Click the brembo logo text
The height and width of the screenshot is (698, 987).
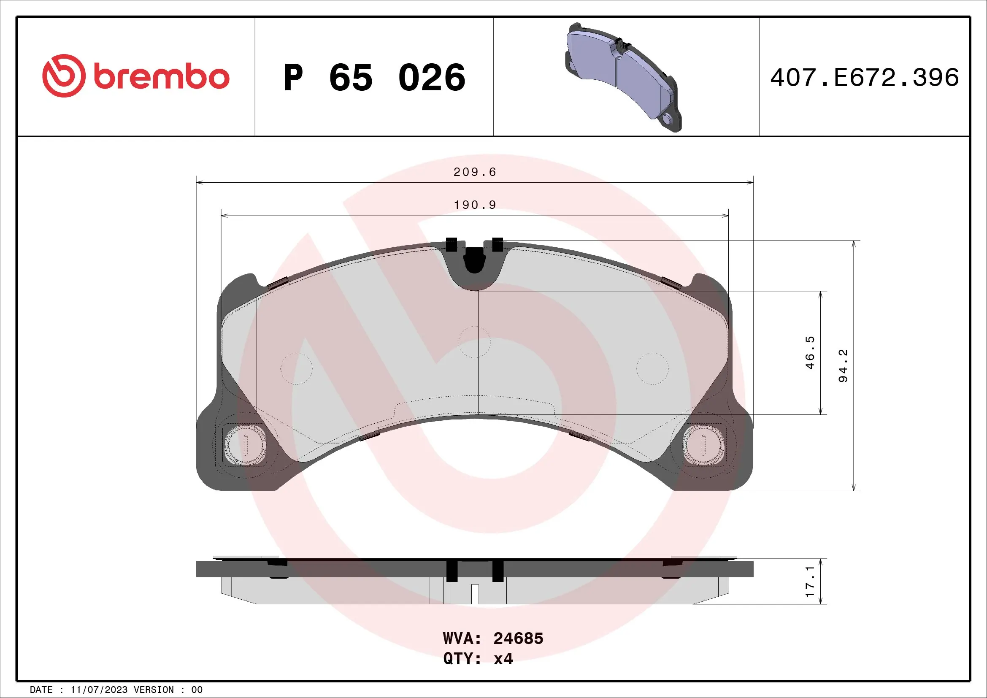161,77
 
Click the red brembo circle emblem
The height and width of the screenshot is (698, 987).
64,76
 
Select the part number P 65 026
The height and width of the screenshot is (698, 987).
374,77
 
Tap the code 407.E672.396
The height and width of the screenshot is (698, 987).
865,78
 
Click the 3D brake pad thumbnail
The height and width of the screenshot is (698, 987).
624,77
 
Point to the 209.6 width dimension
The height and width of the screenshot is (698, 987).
475,172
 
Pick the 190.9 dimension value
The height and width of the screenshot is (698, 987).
475,205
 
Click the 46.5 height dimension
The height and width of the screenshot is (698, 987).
810,352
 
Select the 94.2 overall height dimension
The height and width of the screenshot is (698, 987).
844,365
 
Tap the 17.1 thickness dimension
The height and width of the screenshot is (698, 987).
810,581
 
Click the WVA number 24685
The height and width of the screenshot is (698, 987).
518,638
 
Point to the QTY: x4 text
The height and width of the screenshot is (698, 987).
478,658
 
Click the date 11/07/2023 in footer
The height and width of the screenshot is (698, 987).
99,690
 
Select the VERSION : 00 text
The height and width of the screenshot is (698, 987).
168,690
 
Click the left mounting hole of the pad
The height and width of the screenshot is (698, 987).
245,445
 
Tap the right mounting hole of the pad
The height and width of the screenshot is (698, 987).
704,445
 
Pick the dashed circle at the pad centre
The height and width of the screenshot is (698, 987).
475,342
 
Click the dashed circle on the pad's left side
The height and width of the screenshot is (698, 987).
296,368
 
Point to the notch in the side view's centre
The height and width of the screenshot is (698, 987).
475,594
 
